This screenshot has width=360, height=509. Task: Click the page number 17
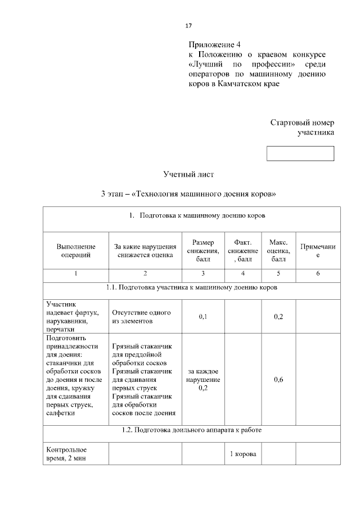point(189,25)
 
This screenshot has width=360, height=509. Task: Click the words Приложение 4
point(214,44)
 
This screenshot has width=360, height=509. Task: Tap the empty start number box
point(300,154)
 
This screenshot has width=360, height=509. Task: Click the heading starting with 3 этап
point(188,194)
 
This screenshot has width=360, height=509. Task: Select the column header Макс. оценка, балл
point(278,251)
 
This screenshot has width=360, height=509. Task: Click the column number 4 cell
point(243,274)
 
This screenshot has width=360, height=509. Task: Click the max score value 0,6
point(278,380)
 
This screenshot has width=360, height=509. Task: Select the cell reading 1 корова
point(243,454)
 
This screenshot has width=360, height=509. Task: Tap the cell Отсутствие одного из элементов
point(141,317)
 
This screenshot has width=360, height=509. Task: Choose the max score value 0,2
point(278,317)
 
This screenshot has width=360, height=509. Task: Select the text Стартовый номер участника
point(303,127)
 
